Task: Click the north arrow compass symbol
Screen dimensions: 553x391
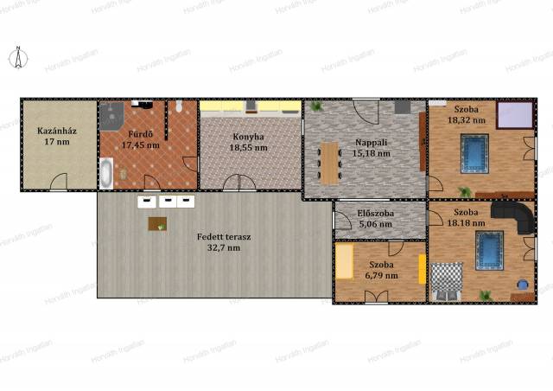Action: click(x=18, y=57)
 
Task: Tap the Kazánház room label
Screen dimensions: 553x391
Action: click(x=57, y=131)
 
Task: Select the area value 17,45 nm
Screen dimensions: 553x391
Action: click(x=141, y=144)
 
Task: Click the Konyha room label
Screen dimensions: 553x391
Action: click(x=248, y=137)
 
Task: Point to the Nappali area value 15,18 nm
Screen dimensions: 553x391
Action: click(x=372, y=153)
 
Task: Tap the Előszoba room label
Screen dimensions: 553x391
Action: click(x=375, y=214)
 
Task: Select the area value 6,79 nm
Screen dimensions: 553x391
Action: click(x=382, y=275)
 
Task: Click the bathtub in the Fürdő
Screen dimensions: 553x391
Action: click(x=106, y=173)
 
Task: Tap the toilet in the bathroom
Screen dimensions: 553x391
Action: click(x=179, y=106)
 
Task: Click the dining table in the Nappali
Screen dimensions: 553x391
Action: click(x=330, y=163)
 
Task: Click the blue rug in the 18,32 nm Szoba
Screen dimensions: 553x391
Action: click(x=474, y=153)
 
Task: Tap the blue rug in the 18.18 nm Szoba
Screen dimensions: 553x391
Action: click(x=489, y=250)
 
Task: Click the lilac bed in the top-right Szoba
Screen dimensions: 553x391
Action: click(x=515, y=115)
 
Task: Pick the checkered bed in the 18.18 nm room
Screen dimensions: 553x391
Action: click(x=447, y=281)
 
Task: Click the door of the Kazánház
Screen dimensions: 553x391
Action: click(x=59, y=181)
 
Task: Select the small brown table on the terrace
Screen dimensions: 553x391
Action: click(x=157, y=223)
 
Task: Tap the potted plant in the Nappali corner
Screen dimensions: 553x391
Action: click(x=316, y=106)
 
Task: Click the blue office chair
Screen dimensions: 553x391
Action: click(x=523, y=285)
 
